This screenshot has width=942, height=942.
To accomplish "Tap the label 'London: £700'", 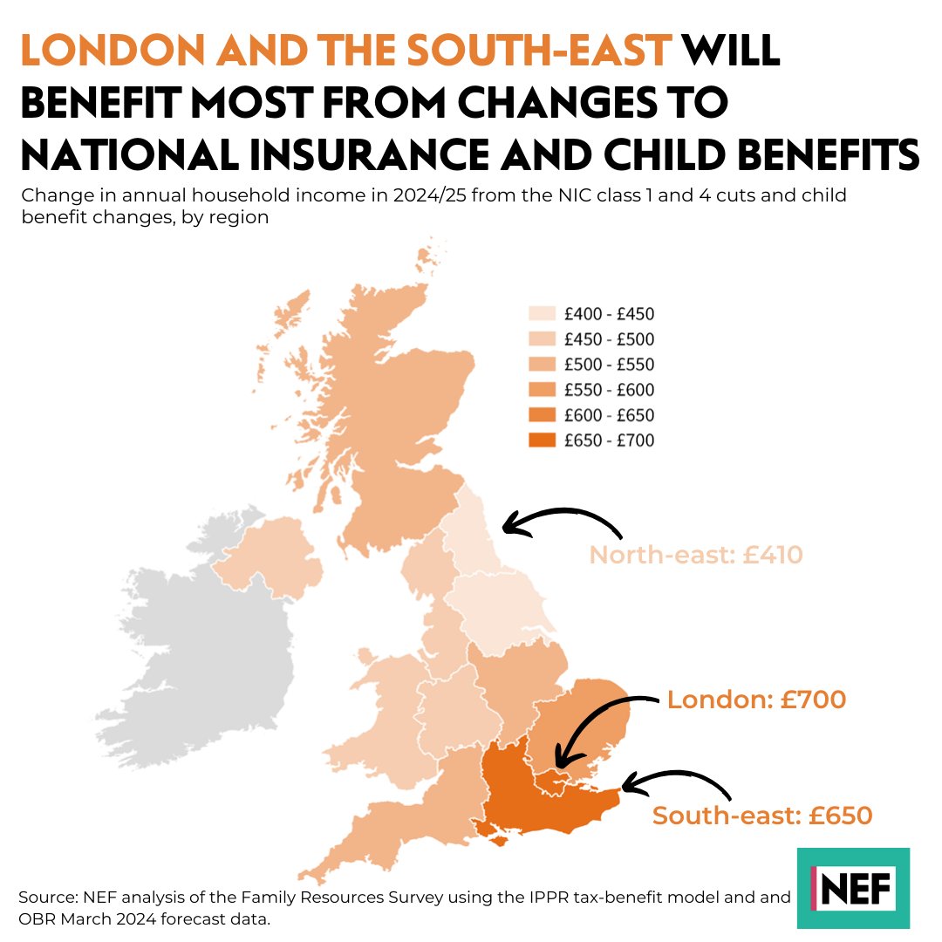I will coord(756,700).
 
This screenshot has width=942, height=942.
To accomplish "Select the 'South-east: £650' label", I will coord(762,816).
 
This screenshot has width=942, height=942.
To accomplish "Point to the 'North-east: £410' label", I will coord(695,555).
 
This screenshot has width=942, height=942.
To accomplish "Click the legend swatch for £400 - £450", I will coord(542,314).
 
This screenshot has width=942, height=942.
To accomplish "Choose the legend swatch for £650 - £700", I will coord(542,440).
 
